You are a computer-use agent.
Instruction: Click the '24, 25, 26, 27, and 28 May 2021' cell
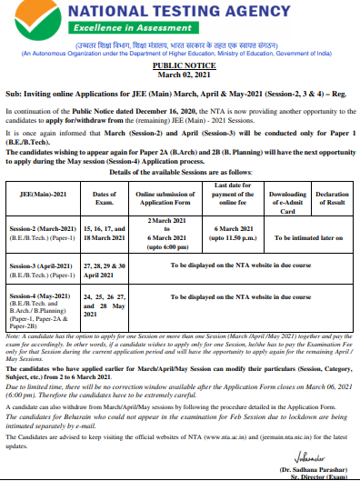click(105, 305)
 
